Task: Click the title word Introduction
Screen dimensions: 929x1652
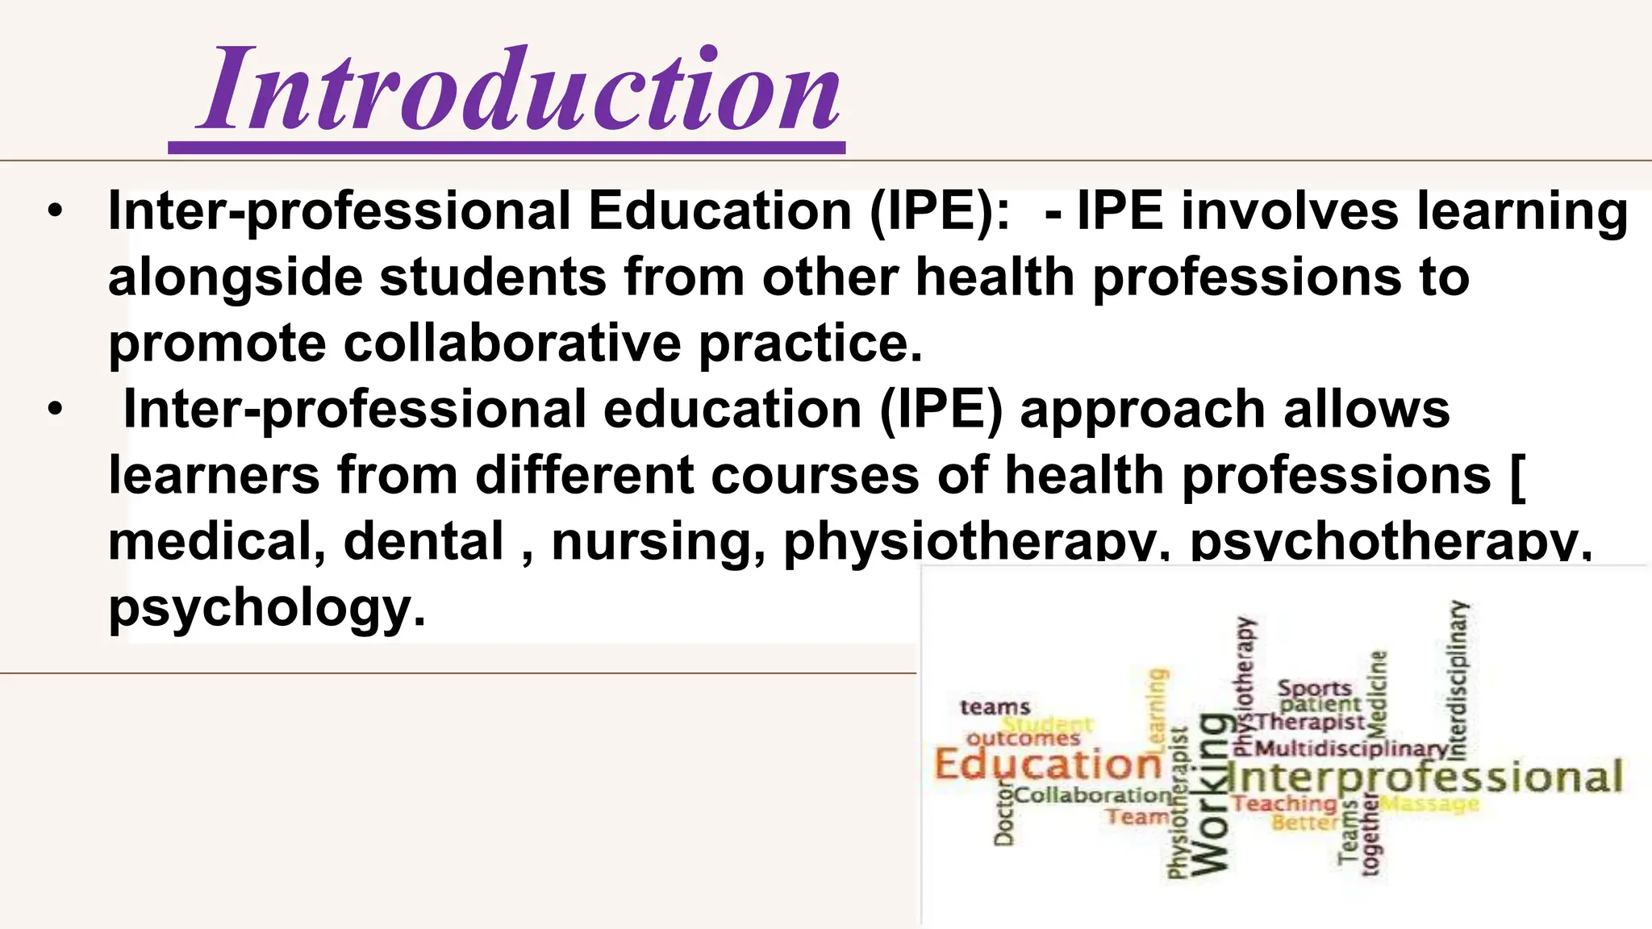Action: coord(520,90)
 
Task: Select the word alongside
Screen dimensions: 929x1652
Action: coord(235,278)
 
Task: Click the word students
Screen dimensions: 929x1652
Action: coord(493,278)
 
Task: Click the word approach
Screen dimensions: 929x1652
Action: coord(1142,410)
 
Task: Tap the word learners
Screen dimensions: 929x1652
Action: coord(214,476)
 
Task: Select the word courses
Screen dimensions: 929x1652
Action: coord(815,476)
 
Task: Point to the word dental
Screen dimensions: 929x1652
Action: coord(423,541)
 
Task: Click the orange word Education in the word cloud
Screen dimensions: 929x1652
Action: coord(1047,764)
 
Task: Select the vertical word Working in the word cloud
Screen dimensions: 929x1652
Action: coord(1211,794)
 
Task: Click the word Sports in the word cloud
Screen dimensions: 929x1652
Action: coord(1314,689)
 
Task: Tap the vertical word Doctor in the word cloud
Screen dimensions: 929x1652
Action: coord(1003,814)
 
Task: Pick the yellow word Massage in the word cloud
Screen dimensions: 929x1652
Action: coord(1429,804)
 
